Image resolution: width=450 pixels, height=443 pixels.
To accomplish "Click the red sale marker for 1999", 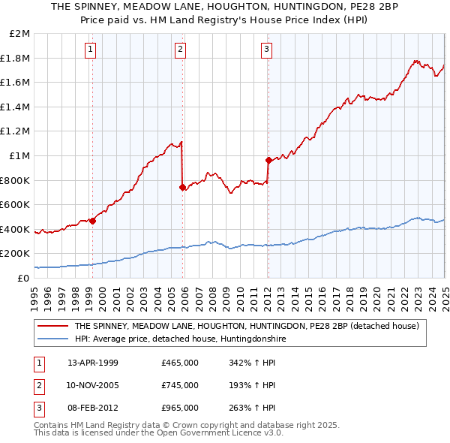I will click(x=92, y=221).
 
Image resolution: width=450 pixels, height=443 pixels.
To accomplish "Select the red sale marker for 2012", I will click(x=268, y=160).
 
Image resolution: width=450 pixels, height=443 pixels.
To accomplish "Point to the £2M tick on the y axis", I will click(x=21, y=34).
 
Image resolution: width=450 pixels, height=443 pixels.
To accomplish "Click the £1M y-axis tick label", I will click(x=21, y=156).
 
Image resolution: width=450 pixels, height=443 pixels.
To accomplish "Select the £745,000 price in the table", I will click(x=180, y=385).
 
